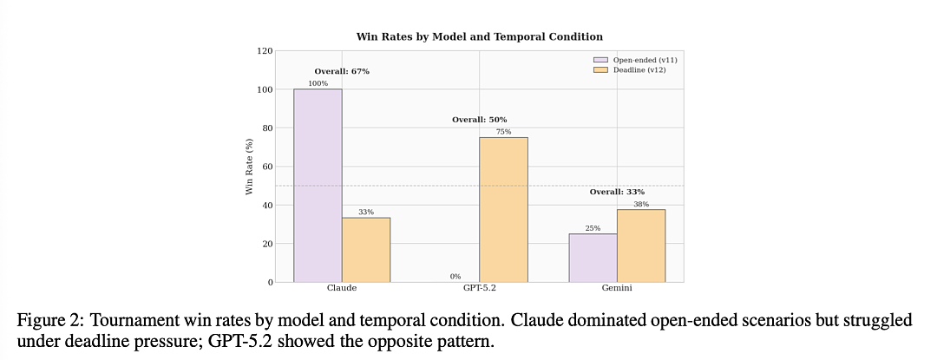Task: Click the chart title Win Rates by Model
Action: (x=479, y=36)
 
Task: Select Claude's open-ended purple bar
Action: (x=318, y=186)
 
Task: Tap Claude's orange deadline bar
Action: (x=366, y=250)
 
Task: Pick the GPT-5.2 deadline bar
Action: (x=504, y=210)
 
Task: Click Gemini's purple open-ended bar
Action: (x=593, y=258)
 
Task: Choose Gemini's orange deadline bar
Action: (x=641, y=246)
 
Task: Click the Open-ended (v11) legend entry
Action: (x=634, y=60)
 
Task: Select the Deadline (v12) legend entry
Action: (x=630, y=70)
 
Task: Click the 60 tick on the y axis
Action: (x=268, y=167)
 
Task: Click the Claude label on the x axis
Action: (x=342, y=288)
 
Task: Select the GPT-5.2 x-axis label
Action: (x=479, y=288)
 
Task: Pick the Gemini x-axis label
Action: (x=617, y=288)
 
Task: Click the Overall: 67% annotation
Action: (x=342, y=72)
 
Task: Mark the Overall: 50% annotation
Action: (x=479, y=120)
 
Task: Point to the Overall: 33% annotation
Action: (x=617, y=193)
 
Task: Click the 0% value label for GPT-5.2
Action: (x=455, y=277)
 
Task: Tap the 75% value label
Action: (x=504, y=132)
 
